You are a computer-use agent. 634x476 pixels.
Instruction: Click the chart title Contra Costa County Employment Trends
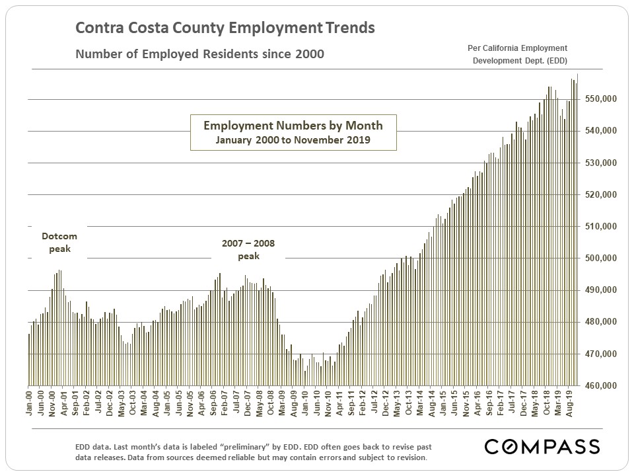point(225,28)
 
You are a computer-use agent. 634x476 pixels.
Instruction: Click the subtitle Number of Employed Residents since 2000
point(199,54)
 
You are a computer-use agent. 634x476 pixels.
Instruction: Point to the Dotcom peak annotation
point(59,243)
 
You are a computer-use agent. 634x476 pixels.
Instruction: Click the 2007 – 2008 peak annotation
point(249,250)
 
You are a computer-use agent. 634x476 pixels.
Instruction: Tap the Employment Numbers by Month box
point(293,132)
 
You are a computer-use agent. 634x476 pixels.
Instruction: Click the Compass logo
point(542,446)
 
